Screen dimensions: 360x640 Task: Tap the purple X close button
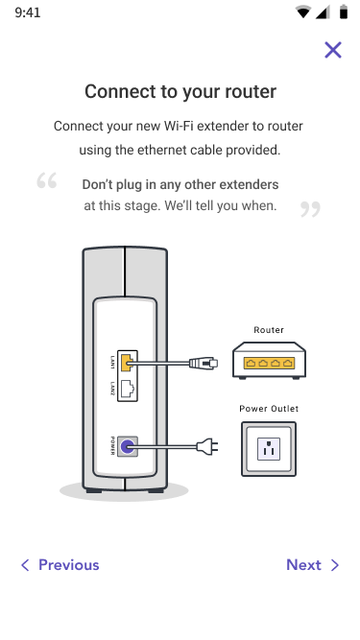tap(333, 50)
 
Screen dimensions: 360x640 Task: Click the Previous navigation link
tap(60, 565)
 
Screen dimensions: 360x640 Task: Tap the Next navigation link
tap(313, 565)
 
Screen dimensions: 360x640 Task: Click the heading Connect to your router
tap(180, 91)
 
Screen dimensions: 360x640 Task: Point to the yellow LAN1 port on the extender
tap(127, 362)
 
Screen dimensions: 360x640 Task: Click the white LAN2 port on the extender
tap(128, 390)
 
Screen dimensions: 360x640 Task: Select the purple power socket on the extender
tap(128, 446)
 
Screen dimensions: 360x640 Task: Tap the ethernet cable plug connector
tap(204, 363)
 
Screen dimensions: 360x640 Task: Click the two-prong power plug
tap(207, 446)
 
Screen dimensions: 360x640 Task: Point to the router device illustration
tap(269, 361)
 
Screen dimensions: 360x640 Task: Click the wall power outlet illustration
tap(269, 449)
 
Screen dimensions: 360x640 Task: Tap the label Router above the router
tap(269, 330)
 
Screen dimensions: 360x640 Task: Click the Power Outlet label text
tap(269, 409)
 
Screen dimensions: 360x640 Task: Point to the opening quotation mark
tap(46, 180)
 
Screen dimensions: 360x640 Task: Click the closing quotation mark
tap(310, 209)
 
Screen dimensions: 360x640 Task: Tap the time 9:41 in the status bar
tap(27, 12)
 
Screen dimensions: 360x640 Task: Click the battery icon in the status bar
tap(344, 12)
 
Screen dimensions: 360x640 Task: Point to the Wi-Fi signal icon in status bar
tap(302, 12)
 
